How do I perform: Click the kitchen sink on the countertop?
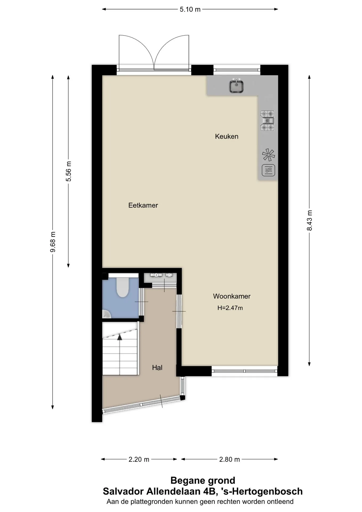tap(236, 86)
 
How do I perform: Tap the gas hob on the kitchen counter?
tap(267, 121)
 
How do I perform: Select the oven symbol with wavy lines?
tap(268, 170)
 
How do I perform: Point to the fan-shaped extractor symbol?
tap(268, 155)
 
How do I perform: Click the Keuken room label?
tap(227, 137)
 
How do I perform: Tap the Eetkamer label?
tap(143, 205)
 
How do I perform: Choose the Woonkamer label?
tap(232, 296)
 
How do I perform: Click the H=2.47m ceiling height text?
tap(230, 308)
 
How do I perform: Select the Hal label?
tap(157, 368)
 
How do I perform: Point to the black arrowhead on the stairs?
tap(120, 337)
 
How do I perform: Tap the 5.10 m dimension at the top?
tap(190, 9)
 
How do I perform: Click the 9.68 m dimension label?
tap(53, 242)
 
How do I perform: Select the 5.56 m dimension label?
tap(69, 171)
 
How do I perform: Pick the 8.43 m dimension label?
tap(309, 220)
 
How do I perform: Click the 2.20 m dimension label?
tap(139, 459)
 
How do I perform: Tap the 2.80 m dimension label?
tap(230, 459)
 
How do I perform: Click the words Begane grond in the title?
tap(203, 481)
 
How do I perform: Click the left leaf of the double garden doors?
tap(136, 52)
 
